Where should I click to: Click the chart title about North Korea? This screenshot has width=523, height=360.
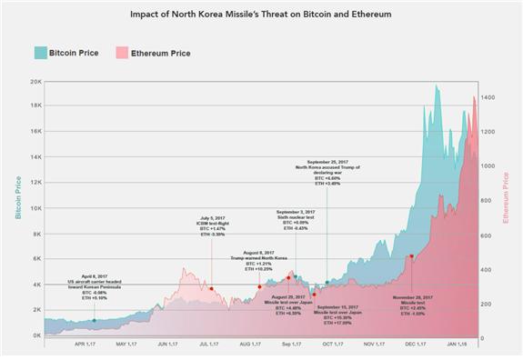[x=262, y=15]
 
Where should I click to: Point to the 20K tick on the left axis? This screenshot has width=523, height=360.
[x=34, y=81]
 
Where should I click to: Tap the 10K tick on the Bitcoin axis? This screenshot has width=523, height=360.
[x=34, y=208]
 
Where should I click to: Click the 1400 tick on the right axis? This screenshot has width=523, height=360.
[x=489, y=97]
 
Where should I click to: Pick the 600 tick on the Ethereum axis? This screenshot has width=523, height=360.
[x=488, y=235]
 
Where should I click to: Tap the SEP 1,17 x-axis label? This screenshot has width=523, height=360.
[x=292, y=345]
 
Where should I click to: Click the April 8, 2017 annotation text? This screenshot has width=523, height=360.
[x=94, y=285]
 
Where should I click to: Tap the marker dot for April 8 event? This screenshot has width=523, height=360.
[x=94, y=320]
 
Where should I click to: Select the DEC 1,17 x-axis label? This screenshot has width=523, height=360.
[x=415, y=345]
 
